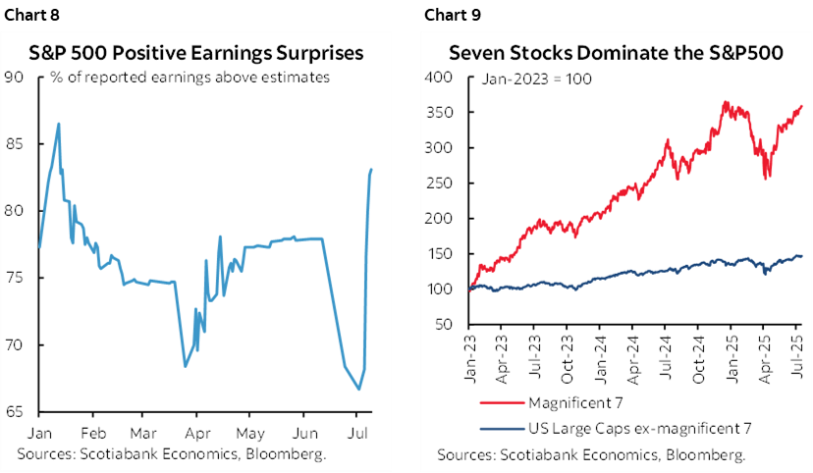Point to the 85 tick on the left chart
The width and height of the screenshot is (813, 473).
18,144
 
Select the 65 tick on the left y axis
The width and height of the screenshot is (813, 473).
18,412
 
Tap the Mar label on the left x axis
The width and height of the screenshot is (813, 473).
145,433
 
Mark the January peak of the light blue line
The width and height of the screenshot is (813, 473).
59,124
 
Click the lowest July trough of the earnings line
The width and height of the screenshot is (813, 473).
358,390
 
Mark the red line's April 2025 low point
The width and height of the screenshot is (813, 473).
766,177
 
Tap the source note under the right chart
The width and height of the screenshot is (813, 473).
591,454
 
